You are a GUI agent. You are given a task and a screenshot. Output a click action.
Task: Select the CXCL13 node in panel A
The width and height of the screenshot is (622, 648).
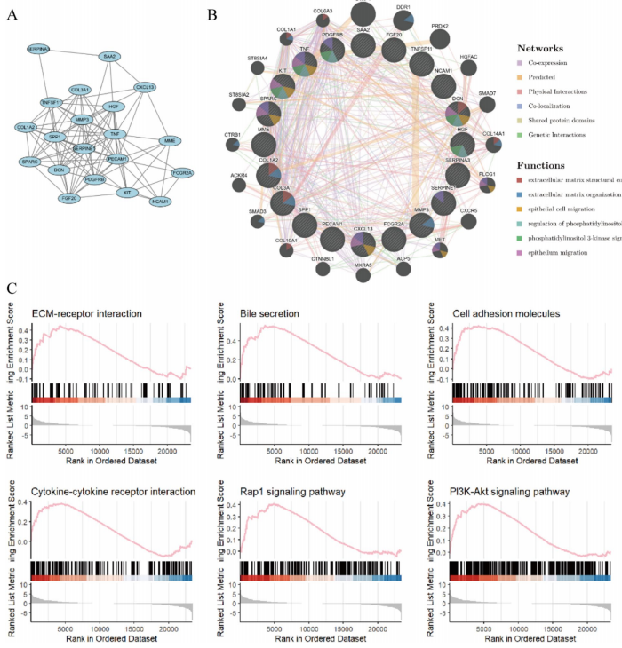click(145, 87)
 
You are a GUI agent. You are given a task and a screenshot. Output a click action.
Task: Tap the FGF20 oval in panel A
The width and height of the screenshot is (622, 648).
click(71, 198)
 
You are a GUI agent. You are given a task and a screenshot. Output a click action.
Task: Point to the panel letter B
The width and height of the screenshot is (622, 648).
click(211, 13)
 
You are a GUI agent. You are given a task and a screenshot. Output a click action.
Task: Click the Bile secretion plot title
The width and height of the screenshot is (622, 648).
click(268, 313)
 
